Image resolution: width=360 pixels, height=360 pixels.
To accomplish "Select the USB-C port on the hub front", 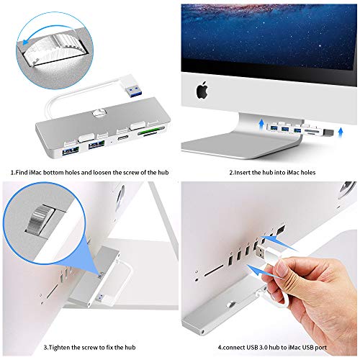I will click(123, 134).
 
